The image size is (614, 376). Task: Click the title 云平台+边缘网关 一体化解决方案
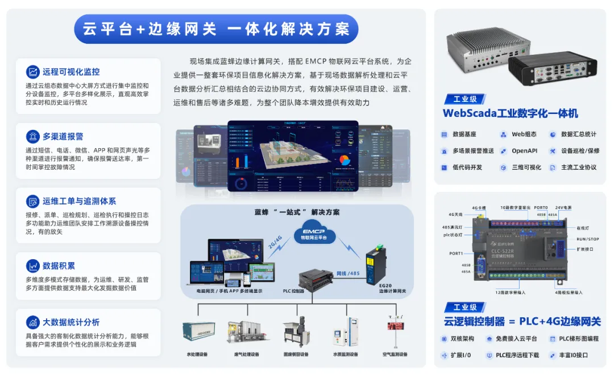(216, 28)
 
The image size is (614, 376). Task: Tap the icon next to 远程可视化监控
(32, 72)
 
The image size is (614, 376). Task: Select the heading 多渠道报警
(63, 137)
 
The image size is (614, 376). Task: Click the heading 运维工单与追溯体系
(79, 201)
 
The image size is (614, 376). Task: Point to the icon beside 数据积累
(32, 265)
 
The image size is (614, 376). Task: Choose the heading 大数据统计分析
(71, 322)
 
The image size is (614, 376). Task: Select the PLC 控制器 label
(294, 291)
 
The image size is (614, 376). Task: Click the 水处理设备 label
(197, 354)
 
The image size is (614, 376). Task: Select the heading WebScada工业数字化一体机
(510, 113)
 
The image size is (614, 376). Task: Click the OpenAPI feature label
(524, 151)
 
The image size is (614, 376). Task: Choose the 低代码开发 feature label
(467, 167)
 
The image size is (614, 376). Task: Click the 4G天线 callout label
(456, 215)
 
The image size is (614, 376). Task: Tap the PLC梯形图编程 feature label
(579, 338)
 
